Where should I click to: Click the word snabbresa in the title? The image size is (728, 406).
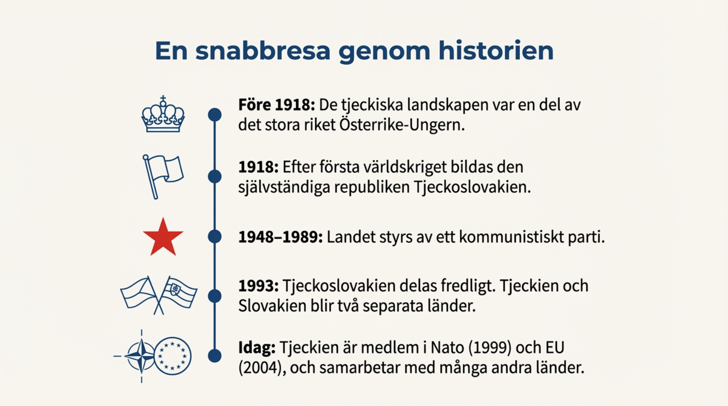tap(263, 51)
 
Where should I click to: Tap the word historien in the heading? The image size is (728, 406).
tap(496, 51)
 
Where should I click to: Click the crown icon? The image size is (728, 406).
tap(163, 114)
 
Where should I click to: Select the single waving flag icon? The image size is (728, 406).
tap(163, 177)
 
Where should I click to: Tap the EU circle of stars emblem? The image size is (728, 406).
tap(173, 356)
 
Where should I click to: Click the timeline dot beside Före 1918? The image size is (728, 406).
tap(215, 115)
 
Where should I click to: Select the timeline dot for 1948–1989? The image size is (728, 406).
tap(215, 236)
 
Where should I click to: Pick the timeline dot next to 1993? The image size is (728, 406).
tap(215, 296)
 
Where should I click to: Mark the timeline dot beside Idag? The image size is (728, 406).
tap(215, 356)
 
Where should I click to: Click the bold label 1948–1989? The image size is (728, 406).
tap(280, 237)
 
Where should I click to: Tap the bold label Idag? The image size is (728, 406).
tap(257, 348)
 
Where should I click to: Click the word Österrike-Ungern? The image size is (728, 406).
tap(402, 125)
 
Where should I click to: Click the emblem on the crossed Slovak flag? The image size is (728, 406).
tap(175, 289)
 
